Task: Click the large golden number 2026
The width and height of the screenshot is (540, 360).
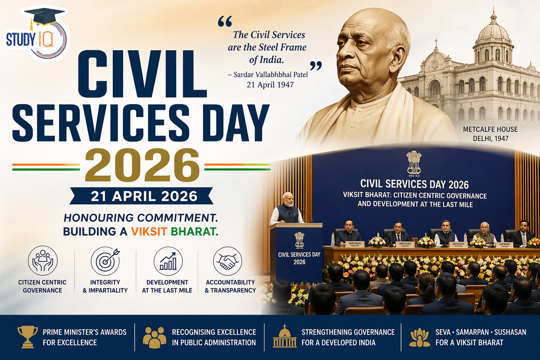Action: (142, 166)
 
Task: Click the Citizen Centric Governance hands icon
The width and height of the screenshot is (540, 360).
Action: (43, 261)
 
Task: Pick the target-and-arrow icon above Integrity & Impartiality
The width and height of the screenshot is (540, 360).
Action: (105, 261)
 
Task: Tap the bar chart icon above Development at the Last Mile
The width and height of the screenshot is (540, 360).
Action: (168, 261)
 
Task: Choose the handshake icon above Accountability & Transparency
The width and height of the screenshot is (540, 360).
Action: (227, 261)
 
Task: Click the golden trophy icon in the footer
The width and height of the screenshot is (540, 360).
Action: (28, 337)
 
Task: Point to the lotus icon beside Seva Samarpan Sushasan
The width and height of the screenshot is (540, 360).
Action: (420, 337)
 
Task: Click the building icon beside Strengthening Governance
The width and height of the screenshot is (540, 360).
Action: (285, 336)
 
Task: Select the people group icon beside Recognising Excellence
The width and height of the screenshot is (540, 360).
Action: (155, 337)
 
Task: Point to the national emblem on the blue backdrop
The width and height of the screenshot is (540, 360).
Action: (414, 163)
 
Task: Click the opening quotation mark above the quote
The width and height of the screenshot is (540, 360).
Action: (225, 22)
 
